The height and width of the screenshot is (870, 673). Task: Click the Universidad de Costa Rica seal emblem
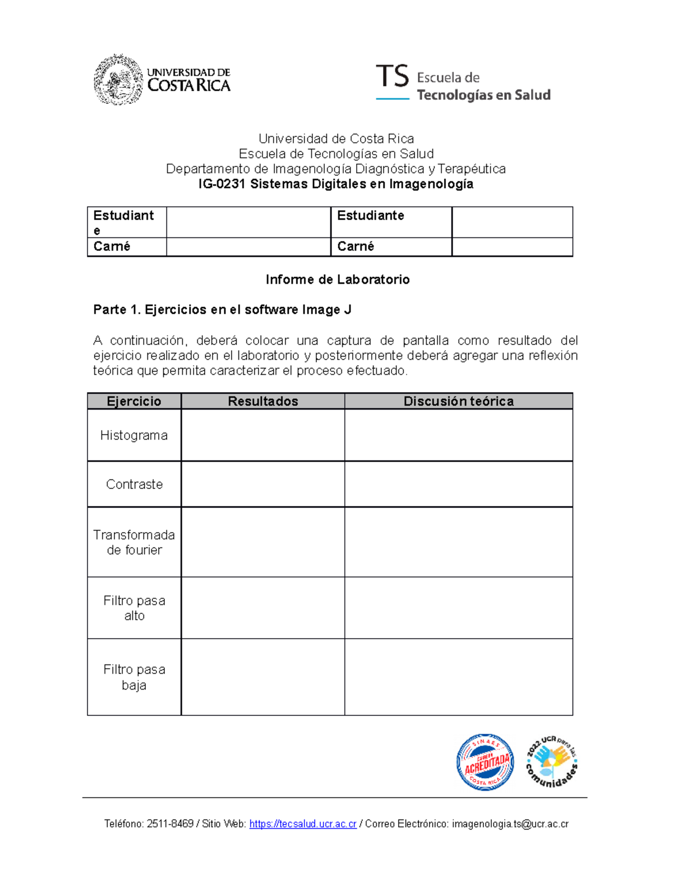click(118, 80)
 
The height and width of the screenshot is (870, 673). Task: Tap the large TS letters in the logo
click(392, 76)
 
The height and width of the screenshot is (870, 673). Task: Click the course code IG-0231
click(222, 184)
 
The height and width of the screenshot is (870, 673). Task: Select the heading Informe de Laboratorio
click(337, 280)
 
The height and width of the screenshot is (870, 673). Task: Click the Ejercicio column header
click(134, 401)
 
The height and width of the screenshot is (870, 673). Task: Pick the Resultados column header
click(262, 401)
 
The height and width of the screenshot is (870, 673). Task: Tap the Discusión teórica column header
click(458, 401)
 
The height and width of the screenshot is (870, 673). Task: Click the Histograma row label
click(134, 435)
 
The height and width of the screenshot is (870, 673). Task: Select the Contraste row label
click(134, 484)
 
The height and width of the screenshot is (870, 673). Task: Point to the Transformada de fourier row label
click(134, 542)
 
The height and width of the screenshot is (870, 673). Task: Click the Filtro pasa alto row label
click(134, 608)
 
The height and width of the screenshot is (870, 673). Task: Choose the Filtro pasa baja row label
click(134, 677)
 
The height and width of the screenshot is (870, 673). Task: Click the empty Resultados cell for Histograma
click(262, 435)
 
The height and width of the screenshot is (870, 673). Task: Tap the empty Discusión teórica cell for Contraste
click(458, 484)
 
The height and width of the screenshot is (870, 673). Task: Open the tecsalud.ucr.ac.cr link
click(303, 824)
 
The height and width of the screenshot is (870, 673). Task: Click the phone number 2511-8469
click(170, 824)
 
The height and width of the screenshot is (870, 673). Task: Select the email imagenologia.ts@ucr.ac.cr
click(510, 824)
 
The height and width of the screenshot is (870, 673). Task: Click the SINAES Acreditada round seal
click(485, 762)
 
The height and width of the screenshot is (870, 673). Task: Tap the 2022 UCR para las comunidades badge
click(552, 761)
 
